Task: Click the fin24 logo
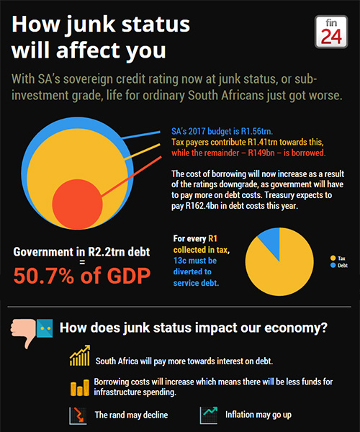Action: pos(331,32)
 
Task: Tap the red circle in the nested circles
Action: pos(77,204)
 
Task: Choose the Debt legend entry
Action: pos(339,265)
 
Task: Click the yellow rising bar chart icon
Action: pos(80,356)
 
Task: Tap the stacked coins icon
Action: pos(80,387)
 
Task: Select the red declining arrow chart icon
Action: pos(78,415)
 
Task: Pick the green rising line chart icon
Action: pos(209,415)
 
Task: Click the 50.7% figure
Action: pos(44,276)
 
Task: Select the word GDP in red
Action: pos(129,276)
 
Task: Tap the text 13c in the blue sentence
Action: pos(181,261)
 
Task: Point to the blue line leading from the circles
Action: pos(141,135)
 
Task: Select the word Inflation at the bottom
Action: pos(239,415)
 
